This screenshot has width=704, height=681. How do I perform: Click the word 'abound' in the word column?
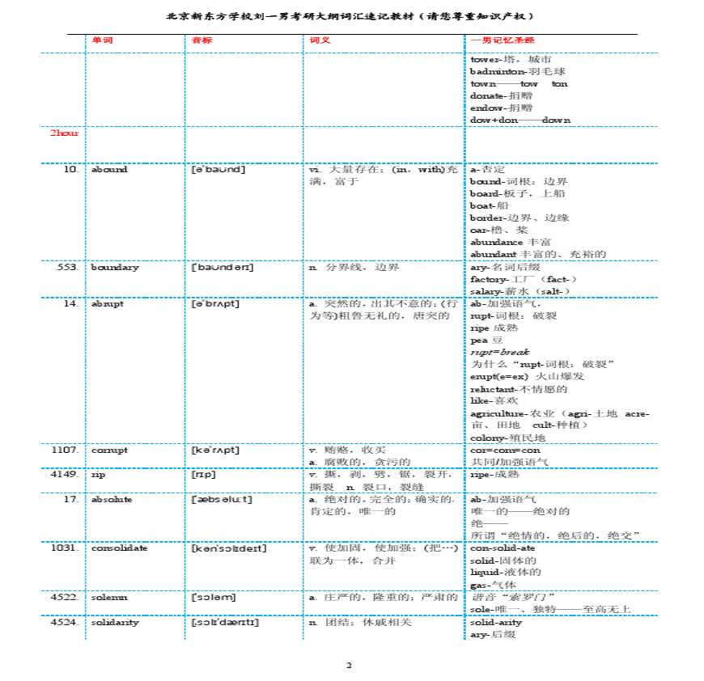pos(109,170)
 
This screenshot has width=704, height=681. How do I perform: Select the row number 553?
pos(68,267)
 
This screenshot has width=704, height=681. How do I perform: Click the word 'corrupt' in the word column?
pos(109,450)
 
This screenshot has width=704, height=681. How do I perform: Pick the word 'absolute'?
pos(112,499)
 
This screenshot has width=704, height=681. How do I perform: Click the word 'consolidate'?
pos(119,548)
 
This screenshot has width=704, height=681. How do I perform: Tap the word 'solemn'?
pos(109,597)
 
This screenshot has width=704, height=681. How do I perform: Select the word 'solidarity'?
pos(115,622)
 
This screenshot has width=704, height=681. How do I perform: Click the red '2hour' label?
pos(65,133)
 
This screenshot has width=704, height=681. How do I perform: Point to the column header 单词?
pos(102,40)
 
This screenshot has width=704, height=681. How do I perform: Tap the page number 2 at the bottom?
pos(349,666)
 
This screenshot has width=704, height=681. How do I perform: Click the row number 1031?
pos(66,548)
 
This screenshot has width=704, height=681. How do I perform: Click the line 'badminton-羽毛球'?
pos(507,71)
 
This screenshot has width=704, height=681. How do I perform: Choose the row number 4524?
pos(66,622)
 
